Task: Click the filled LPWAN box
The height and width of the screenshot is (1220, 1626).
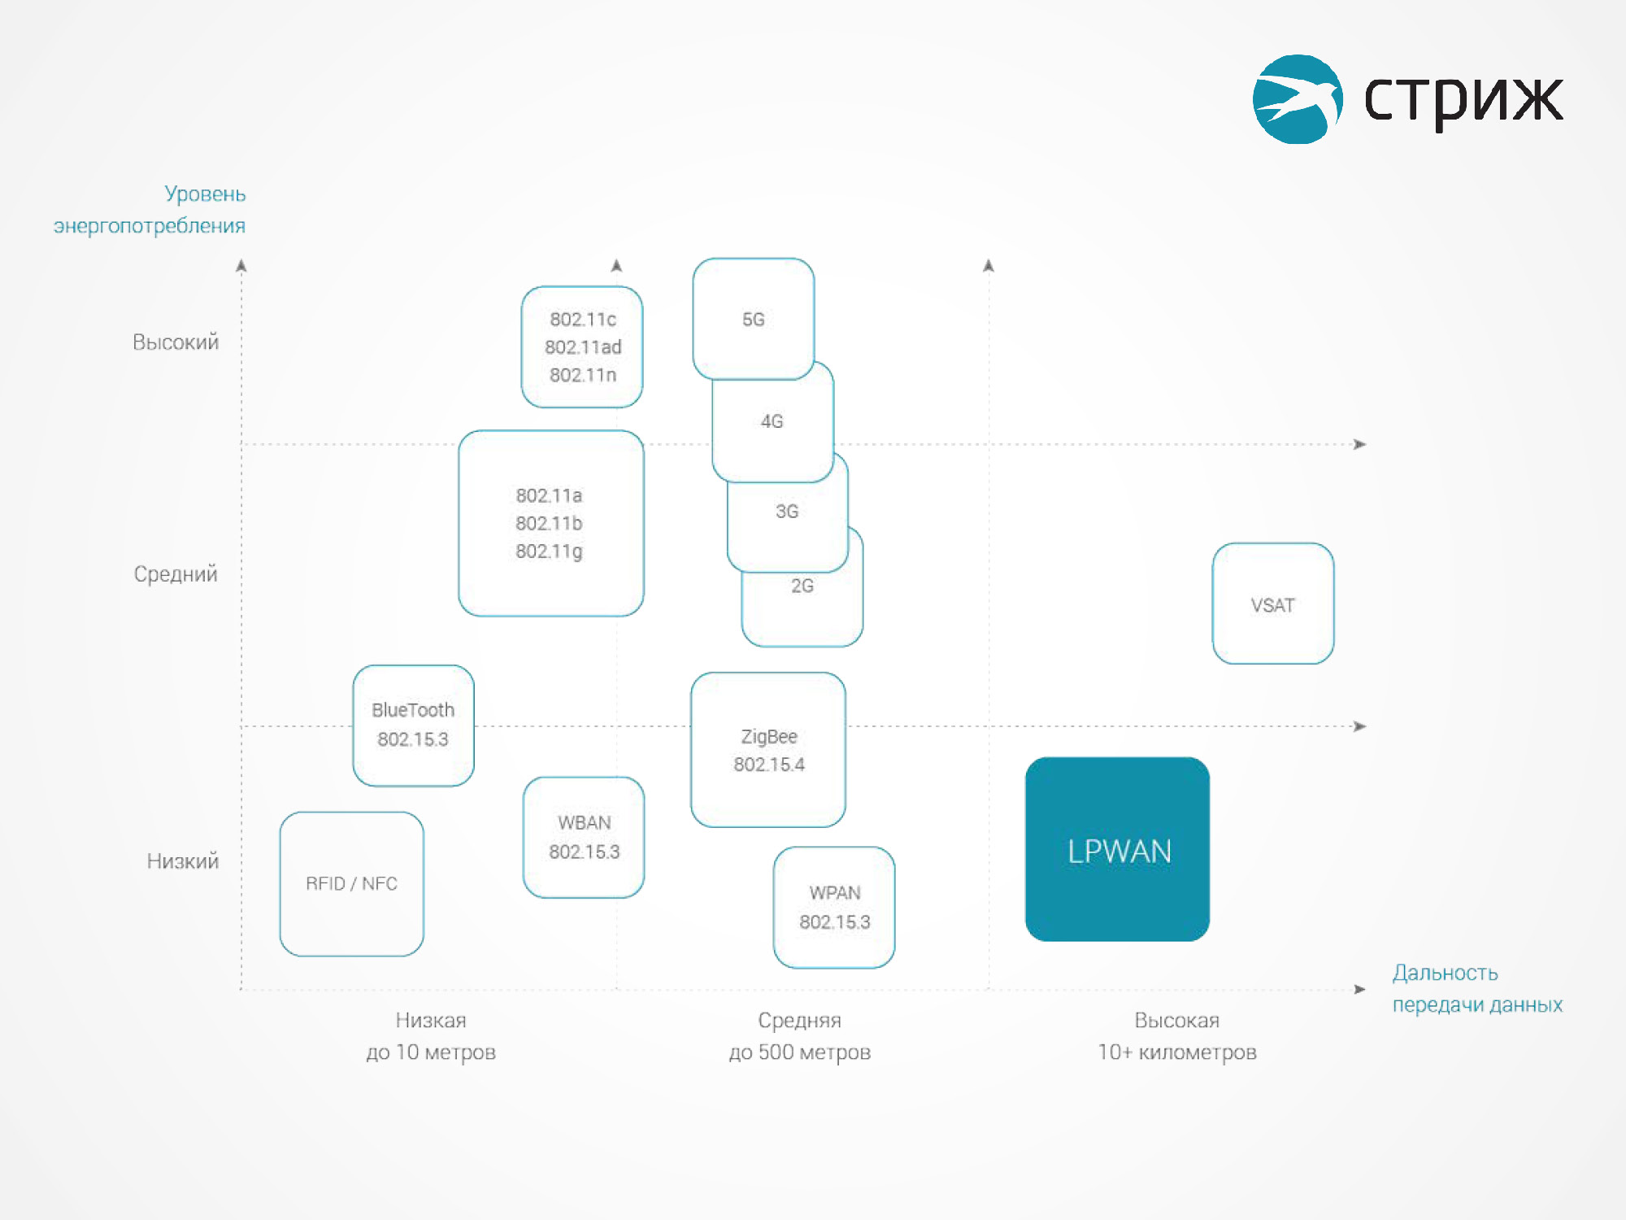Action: [x=1117, y=849]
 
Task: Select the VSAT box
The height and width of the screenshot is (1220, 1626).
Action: [x=1272, y=603]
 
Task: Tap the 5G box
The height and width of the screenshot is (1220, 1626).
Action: [x=754, y=319]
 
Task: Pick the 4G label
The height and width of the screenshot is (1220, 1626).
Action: [x=772, y=421]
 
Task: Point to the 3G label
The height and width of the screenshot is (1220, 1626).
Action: [x=787, y=512]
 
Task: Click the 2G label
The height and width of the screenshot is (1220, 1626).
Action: [x=802, y=586]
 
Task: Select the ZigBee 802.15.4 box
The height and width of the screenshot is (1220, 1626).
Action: [x=768, y=750]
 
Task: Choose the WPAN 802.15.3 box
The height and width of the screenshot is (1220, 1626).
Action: [x=834, y=908]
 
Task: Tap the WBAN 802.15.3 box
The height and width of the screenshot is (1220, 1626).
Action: [x=584, y=838]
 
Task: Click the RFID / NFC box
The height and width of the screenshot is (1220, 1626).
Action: [x=352, y=884]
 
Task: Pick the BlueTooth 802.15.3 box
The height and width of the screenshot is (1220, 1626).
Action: [x=413, y=725]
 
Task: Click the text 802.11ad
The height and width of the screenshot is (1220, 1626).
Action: [x=583, y=347]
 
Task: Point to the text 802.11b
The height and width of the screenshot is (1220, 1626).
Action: [x=549, y=523]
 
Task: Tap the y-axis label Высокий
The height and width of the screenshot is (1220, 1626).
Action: [x=176, y=342]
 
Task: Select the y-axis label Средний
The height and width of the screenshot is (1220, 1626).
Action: [x=176, y=574]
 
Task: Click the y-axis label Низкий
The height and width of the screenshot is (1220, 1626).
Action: [x=183, y=861]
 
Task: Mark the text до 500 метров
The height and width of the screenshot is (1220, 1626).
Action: [x=800, y=1052]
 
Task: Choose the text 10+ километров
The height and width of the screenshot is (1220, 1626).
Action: [x=1177, y=1052]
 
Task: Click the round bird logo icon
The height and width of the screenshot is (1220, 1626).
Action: [x=1298, y=99]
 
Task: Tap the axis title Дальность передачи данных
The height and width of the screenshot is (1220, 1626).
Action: [x=1477, y=989]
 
